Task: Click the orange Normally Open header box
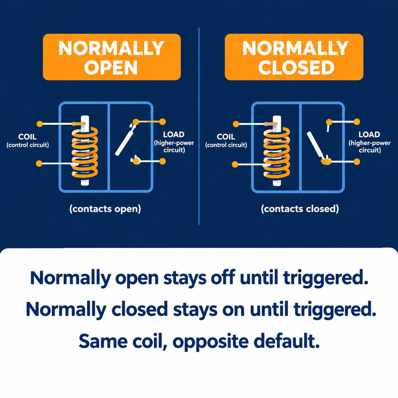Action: click(112, 57)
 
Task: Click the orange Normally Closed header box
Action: click(294, 57)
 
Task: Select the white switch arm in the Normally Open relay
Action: click(125, 140)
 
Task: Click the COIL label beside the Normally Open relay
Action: click(28, 137)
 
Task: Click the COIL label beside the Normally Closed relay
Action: click(226, 137)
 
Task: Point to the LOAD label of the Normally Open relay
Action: click(174, 134)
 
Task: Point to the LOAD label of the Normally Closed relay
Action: click(369, 134)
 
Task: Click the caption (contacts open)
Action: click(105, 209)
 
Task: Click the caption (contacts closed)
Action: click(300, 209)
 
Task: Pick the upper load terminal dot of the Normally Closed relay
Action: click(357, 122)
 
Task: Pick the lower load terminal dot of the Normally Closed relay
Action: click(357, 162)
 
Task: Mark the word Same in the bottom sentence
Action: click(103, 341)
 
